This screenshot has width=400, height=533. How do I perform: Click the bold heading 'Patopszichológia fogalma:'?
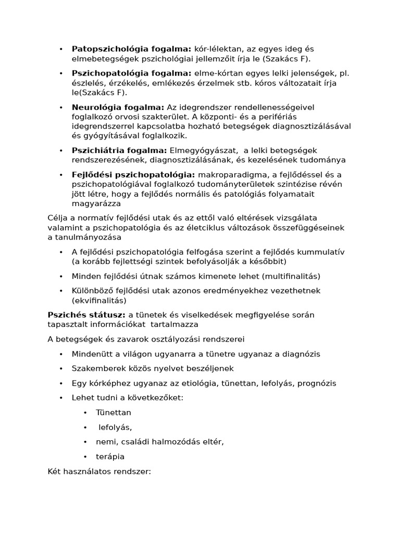131,49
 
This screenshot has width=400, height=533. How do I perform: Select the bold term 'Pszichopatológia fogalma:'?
132,73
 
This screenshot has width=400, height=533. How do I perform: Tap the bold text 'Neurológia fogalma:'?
118,107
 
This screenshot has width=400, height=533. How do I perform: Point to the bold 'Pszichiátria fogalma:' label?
120,150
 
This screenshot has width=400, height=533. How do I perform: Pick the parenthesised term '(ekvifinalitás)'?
99,300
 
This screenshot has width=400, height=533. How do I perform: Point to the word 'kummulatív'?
322,252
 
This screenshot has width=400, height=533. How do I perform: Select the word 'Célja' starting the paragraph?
57,218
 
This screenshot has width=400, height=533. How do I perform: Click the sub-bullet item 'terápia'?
110,456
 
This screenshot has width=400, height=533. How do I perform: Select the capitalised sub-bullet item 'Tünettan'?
114,412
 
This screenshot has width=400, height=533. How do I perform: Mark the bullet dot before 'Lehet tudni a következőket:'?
61,398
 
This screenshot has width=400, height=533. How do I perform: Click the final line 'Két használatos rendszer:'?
99,472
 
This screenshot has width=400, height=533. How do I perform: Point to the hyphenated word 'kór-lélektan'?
218,49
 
